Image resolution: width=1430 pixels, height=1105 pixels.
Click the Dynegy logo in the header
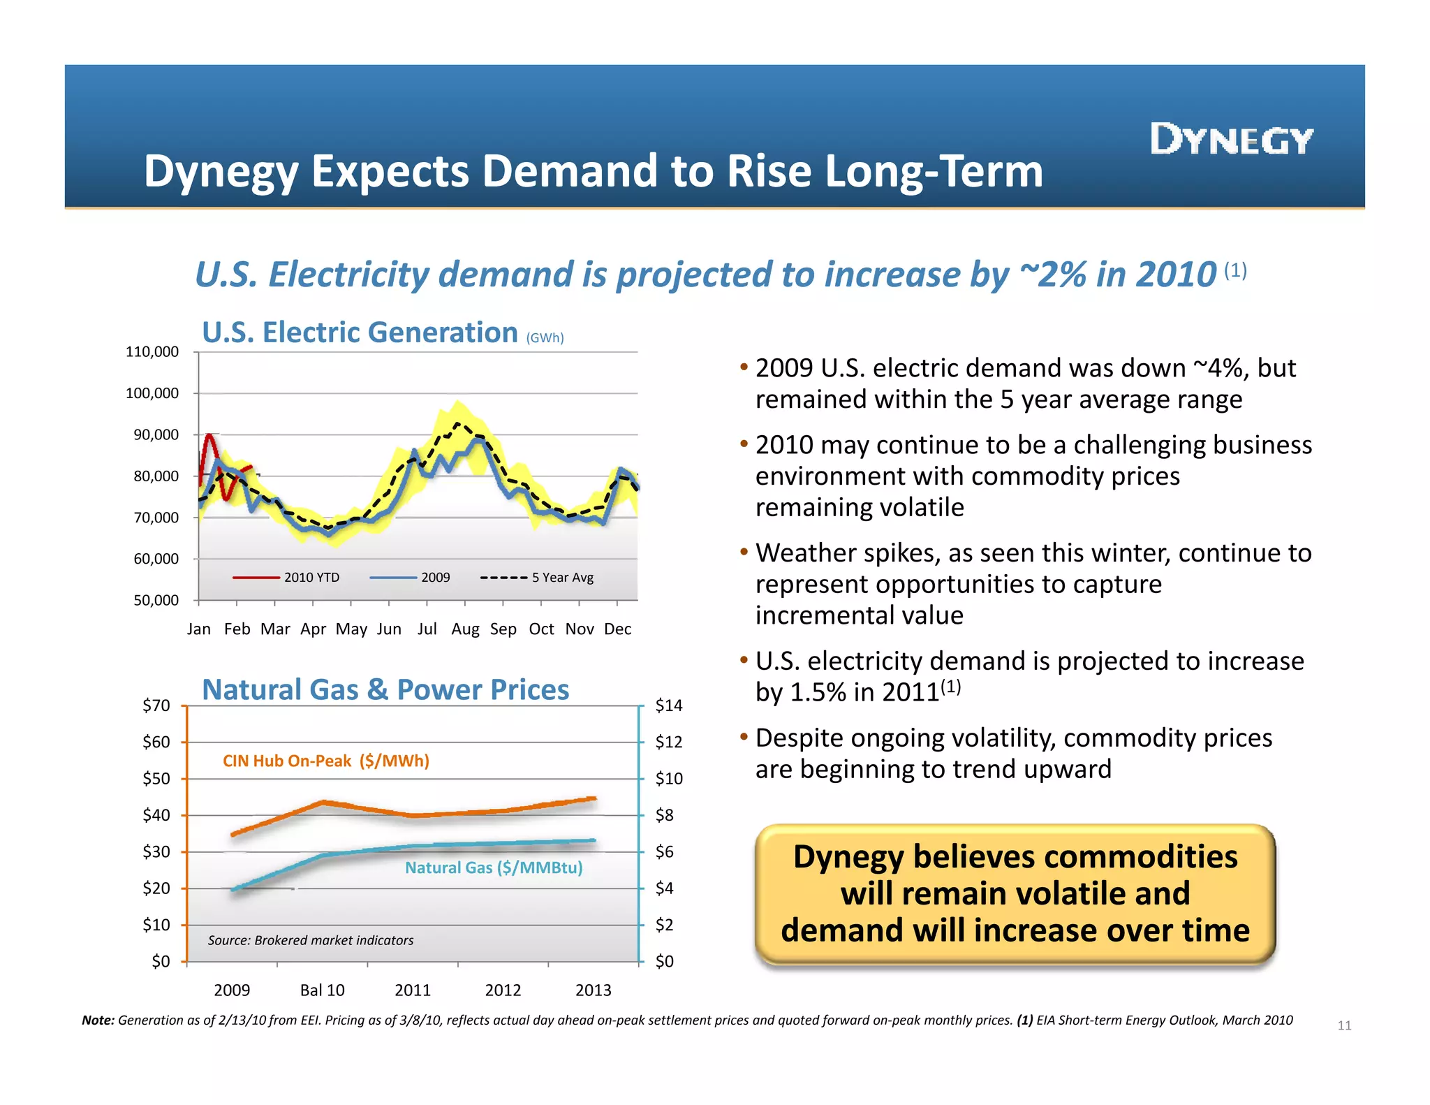point(1232,140)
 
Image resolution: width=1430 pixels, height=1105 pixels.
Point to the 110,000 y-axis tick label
point(152,352)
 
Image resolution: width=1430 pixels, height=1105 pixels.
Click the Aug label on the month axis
point(465,629)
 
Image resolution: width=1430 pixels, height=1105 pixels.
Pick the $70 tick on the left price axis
point(156,705)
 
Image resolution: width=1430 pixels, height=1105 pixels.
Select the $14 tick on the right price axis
point(669,705)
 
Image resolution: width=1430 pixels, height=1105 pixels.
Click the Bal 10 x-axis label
point(322,990)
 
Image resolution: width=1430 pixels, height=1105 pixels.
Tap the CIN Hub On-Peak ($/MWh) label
point(325,761)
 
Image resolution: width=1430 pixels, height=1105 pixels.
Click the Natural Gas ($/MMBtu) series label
point(494,868)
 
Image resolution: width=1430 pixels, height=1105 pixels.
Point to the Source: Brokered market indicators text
point(310,940)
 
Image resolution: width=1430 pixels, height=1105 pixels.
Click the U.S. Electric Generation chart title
point(360,332)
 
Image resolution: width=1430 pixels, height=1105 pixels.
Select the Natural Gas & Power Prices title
point(385,690)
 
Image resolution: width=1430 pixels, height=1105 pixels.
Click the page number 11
point(1344,1025)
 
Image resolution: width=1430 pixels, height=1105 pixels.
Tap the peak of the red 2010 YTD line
point(209,435)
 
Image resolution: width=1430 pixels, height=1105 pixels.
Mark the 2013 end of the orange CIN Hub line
point(593,798)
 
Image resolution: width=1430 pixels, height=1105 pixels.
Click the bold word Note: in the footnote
point(98,1020)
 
